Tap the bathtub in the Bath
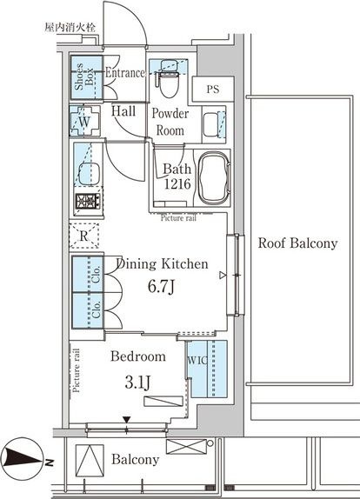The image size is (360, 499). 214,177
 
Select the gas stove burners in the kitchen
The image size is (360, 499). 88,201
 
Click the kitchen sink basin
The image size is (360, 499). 89,174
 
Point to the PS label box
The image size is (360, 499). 213,89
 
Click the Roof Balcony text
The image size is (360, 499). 297,243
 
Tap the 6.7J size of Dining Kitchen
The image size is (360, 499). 161,286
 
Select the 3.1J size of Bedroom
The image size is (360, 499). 137,383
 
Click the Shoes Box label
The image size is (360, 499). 83,77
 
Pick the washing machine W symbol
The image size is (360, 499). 84,121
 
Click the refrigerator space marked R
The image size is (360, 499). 84,236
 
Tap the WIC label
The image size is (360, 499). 197,360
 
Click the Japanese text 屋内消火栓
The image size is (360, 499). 70,27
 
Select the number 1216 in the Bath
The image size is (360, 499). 177,183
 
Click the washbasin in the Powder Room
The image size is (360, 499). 210,124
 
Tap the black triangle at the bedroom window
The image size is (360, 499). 127,420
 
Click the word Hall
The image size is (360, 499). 123,111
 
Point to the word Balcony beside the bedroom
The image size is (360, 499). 136,459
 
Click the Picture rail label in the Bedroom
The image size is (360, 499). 76,370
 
